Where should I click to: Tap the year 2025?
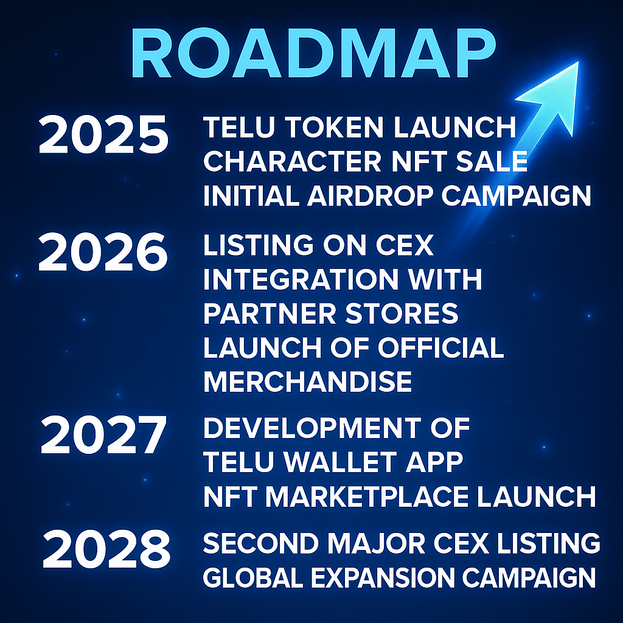[x=103, y=135]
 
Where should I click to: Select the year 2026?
[x=103, y=253]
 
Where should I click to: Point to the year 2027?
[x=103, y=436]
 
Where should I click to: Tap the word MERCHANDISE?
[x=307, y=382]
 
